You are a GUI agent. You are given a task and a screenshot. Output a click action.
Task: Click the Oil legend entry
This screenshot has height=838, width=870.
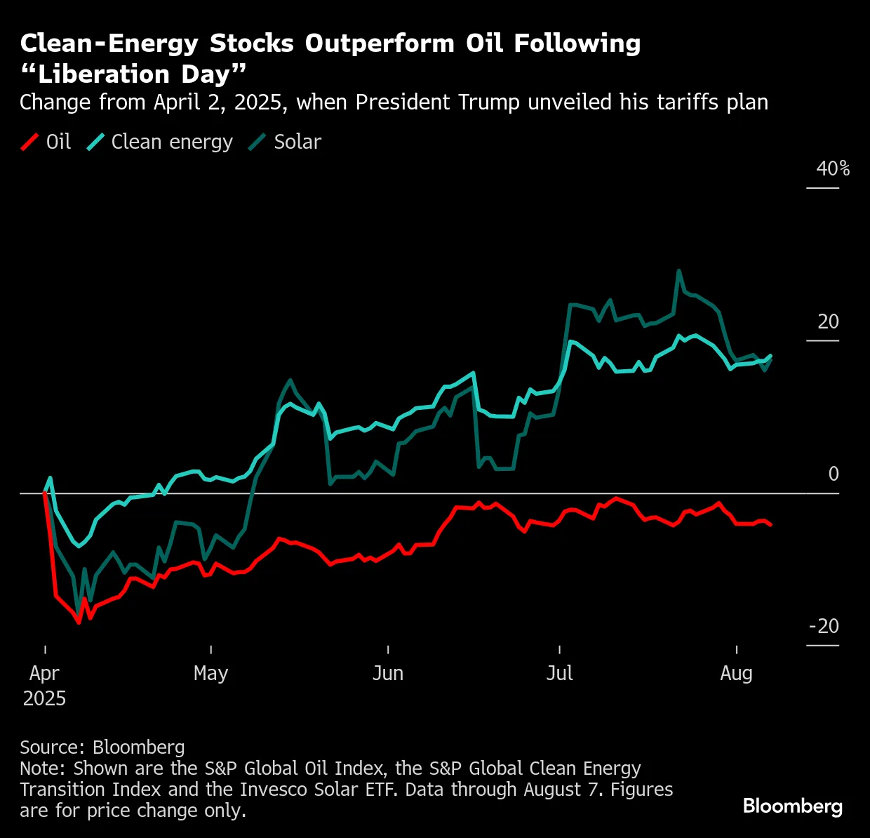pyautogui.click(x=46, y=142)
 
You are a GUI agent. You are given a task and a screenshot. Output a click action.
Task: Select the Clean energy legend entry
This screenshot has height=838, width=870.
pyautogui.click(x=160, y=142)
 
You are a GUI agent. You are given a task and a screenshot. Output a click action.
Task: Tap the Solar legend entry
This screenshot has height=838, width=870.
pyautogui.click(x=285, y=142)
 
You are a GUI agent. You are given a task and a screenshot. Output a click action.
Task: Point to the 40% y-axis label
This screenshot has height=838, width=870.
pyautogui.click(x=832, y=169)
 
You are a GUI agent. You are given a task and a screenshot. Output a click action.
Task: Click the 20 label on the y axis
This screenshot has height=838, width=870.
pyautogui.click(x=828, y=321)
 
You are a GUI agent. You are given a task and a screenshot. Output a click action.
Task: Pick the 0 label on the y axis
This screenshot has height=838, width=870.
pyautogui.click(x=833, y=474)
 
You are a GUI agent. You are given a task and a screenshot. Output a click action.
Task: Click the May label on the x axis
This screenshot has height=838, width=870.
pyautogui.click(x=210, y=673)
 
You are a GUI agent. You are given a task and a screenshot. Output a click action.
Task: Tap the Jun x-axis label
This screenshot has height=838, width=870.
pyautogui.click(x=387, y=673)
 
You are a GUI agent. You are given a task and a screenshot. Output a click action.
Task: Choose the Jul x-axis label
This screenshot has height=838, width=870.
pyautogui.click(x=559, y=673)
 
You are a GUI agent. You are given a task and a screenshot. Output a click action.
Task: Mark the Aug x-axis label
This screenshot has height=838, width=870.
pyautogui.click(x=736, y=673)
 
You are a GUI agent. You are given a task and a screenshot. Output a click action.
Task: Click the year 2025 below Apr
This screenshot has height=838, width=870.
pyautogui.click(x=44, y=699)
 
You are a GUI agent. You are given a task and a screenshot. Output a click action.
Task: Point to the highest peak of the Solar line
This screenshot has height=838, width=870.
pyautogui.click(x=678, y=270)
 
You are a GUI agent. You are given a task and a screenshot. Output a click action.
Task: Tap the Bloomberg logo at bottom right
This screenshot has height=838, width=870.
pyautogui.click(x=792, y=806)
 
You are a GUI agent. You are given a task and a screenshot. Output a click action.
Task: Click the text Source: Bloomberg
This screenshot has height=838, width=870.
pyautogui.click(x=102, y=747)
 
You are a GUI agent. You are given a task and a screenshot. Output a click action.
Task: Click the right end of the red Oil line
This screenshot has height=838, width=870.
pyautogui.click(x=771, y=524)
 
